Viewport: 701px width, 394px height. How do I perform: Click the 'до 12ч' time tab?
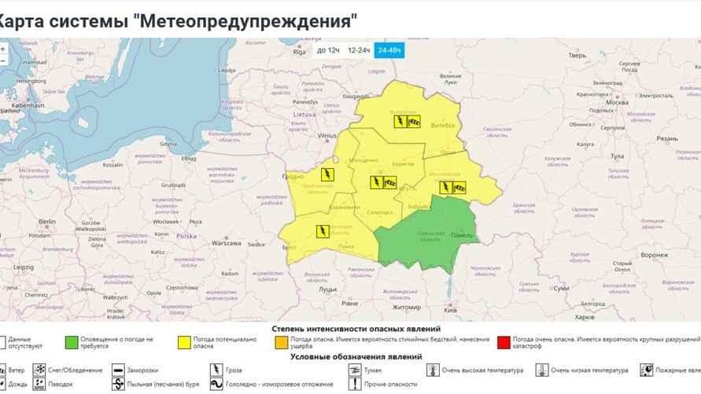(328, 50)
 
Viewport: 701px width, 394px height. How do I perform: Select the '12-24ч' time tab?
(359, 50)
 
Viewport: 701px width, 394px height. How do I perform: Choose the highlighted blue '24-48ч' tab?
(389, 50)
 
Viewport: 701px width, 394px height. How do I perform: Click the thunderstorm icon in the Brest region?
(322, 230)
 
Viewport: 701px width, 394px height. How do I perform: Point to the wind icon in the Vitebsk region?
(414, 121)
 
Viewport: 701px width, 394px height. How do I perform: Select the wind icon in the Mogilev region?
(459, 187)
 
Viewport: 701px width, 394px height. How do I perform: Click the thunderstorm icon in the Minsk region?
(377, 183)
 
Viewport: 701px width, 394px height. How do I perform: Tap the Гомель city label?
(461, 236)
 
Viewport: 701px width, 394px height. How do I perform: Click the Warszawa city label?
(224, 243)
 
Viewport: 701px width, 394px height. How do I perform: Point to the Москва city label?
(618, 103)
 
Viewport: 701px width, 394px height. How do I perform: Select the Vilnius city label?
(327, 135)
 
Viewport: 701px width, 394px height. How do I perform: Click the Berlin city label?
(48, 222)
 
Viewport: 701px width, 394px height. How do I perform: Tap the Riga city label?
(299, 52)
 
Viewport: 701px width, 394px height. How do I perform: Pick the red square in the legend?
(504, 342)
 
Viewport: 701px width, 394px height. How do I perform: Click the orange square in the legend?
(282, 342)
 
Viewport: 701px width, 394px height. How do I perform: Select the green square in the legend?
(72, 342)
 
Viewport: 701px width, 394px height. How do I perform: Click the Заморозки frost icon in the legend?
(116, 370)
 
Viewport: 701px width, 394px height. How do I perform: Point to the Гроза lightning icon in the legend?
(216, 370)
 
